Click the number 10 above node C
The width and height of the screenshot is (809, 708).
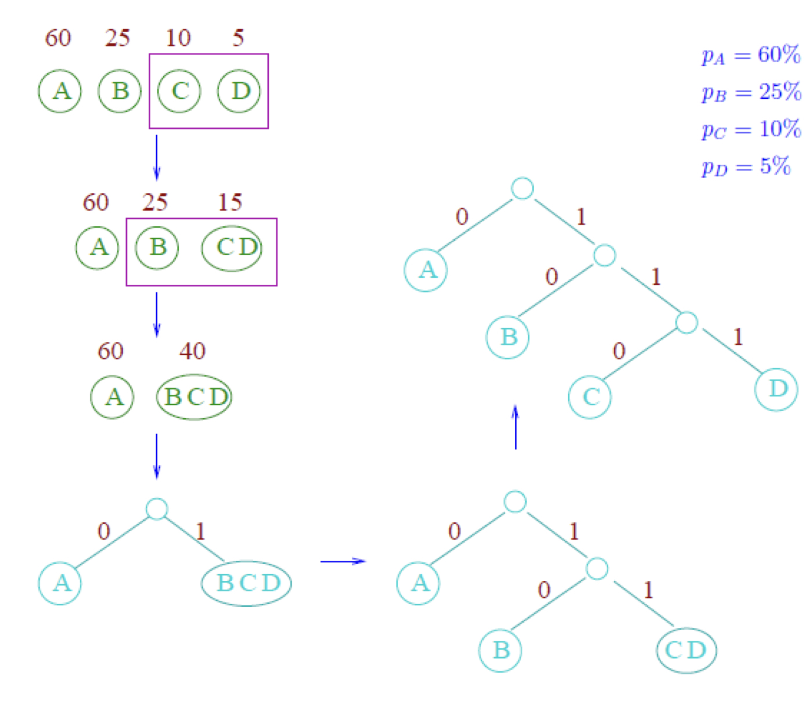tap(178, 38)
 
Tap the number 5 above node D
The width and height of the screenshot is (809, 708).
tap(238, 38)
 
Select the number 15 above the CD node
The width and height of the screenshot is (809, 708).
tap(230, 203)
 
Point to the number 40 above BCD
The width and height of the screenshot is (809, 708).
tap(192, 351)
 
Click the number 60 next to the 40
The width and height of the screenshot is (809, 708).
tap(110, 351)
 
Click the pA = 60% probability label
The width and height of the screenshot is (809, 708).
tap(751, 55)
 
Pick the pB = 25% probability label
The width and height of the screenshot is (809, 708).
tap(751, 92)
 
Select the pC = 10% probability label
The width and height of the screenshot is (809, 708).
tap(751, 129)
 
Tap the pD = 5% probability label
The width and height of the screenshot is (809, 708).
tap(746, 167)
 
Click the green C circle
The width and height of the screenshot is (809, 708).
tap(179, 91)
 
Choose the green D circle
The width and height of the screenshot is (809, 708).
tap(239, 91)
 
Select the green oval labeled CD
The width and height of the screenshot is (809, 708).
tap(232, 248)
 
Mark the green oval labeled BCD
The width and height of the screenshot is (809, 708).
tap(195, 397)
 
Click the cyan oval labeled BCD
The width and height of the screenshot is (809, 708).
tap(247, 583)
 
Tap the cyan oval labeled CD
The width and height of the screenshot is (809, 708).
tap(686, 650)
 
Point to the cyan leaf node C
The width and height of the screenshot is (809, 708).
tap(590, 397)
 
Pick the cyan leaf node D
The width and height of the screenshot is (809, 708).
tap(776, 389)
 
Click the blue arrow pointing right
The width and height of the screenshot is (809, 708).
tap(343, 561)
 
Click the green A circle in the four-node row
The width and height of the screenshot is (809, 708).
tap(60, 91)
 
